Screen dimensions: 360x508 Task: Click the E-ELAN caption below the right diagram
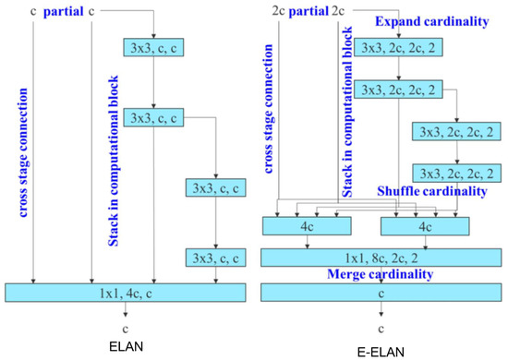coord(378,350)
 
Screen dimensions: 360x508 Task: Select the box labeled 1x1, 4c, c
coord(126,293)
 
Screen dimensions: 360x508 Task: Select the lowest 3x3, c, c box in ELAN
coord(215,257)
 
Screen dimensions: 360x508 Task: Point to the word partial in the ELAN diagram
coord(62,12)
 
